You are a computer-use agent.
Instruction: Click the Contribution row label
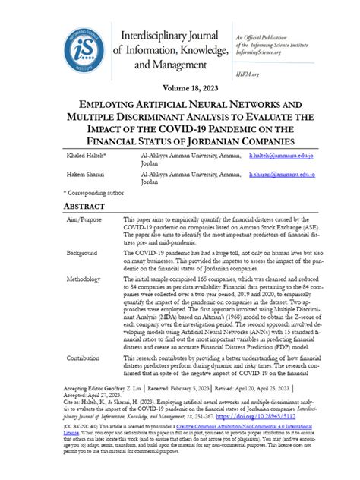point(86,356)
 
